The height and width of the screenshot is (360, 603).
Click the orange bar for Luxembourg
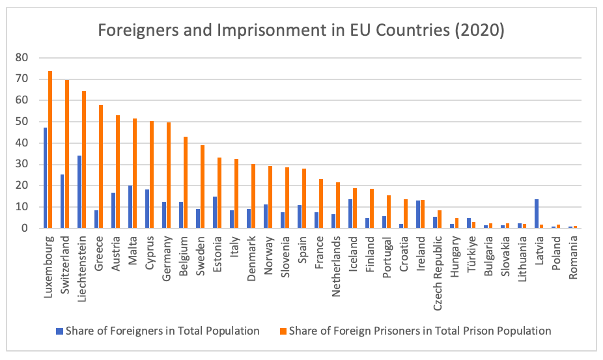(x=50, y=150)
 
